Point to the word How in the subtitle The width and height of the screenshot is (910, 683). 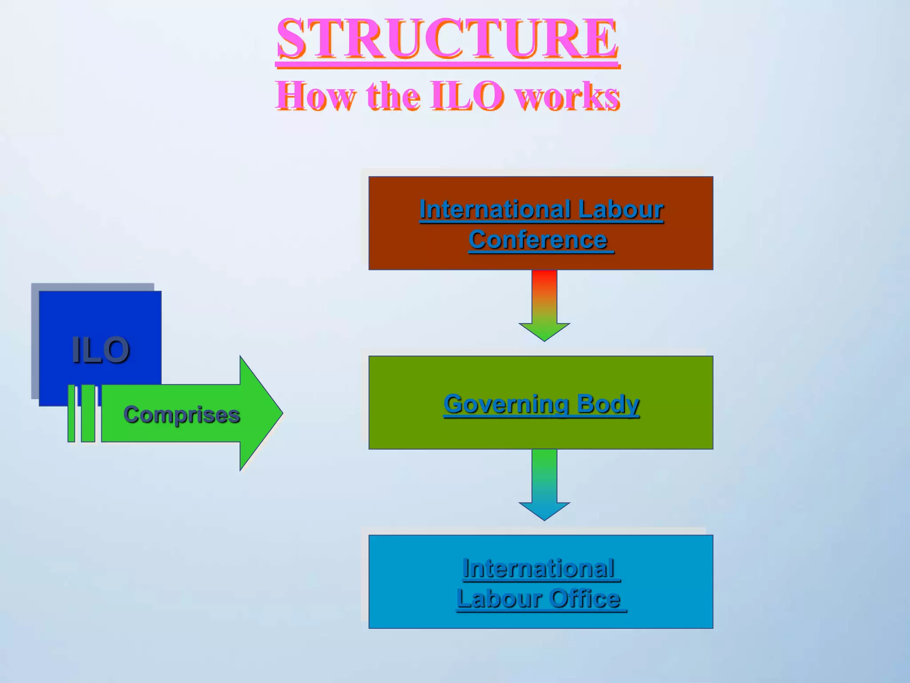(316, 96)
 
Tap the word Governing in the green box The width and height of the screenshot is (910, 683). (506, 404)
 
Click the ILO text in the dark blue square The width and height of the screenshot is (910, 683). (100, 350)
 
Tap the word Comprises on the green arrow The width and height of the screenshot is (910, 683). (181, 414)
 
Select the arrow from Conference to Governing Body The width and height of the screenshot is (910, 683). (544, 305)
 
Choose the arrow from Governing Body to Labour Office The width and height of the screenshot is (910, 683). (544, 484)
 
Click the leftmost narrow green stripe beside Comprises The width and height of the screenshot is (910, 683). (71, 414)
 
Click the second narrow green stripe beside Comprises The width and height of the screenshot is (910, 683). (88, 414)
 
